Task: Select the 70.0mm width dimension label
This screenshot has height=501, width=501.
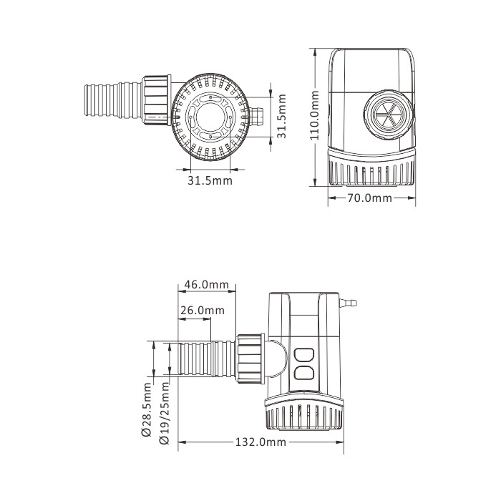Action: (x=370, y=198)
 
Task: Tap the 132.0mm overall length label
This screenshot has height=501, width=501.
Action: (x=261, y=442)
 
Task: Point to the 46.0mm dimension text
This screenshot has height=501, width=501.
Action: (x=206, y=284)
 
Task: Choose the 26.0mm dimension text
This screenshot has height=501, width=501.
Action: (x=202, y=311)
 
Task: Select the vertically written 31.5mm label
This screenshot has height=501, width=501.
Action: (x=282, y=115)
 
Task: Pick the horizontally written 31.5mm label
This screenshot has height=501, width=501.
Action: (x=210, y=180)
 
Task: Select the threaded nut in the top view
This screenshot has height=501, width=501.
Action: (x=157, y=102)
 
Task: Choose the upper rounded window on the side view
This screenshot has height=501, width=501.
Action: (x=304, y=354)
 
